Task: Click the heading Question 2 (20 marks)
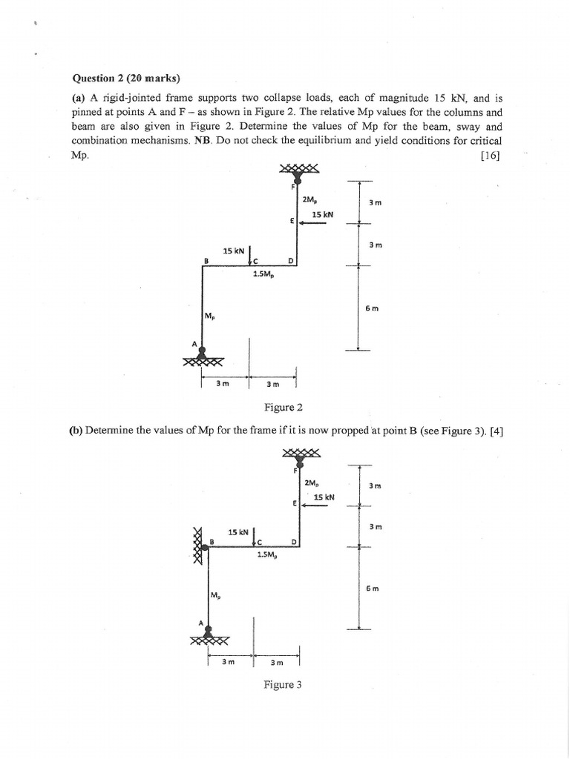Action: [x=125, y=77]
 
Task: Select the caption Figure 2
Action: [x=284, y=407]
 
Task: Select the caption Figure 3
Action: [x=283, y=685]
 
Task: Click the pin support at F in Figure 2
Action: [x=298, y=175]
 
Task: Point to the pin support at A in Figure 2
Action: [x=202, y=356]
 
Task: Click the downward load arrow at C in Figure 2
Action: [x=250, y=253]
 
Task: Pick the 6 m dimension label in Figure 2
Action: [x=372, y=308]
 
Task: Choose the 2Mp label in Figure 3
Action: [x=312, y=483]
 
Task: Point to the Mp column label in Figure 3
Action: [x=215, y=594]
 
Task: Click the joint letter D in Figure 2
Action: [x=291, y=261]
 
